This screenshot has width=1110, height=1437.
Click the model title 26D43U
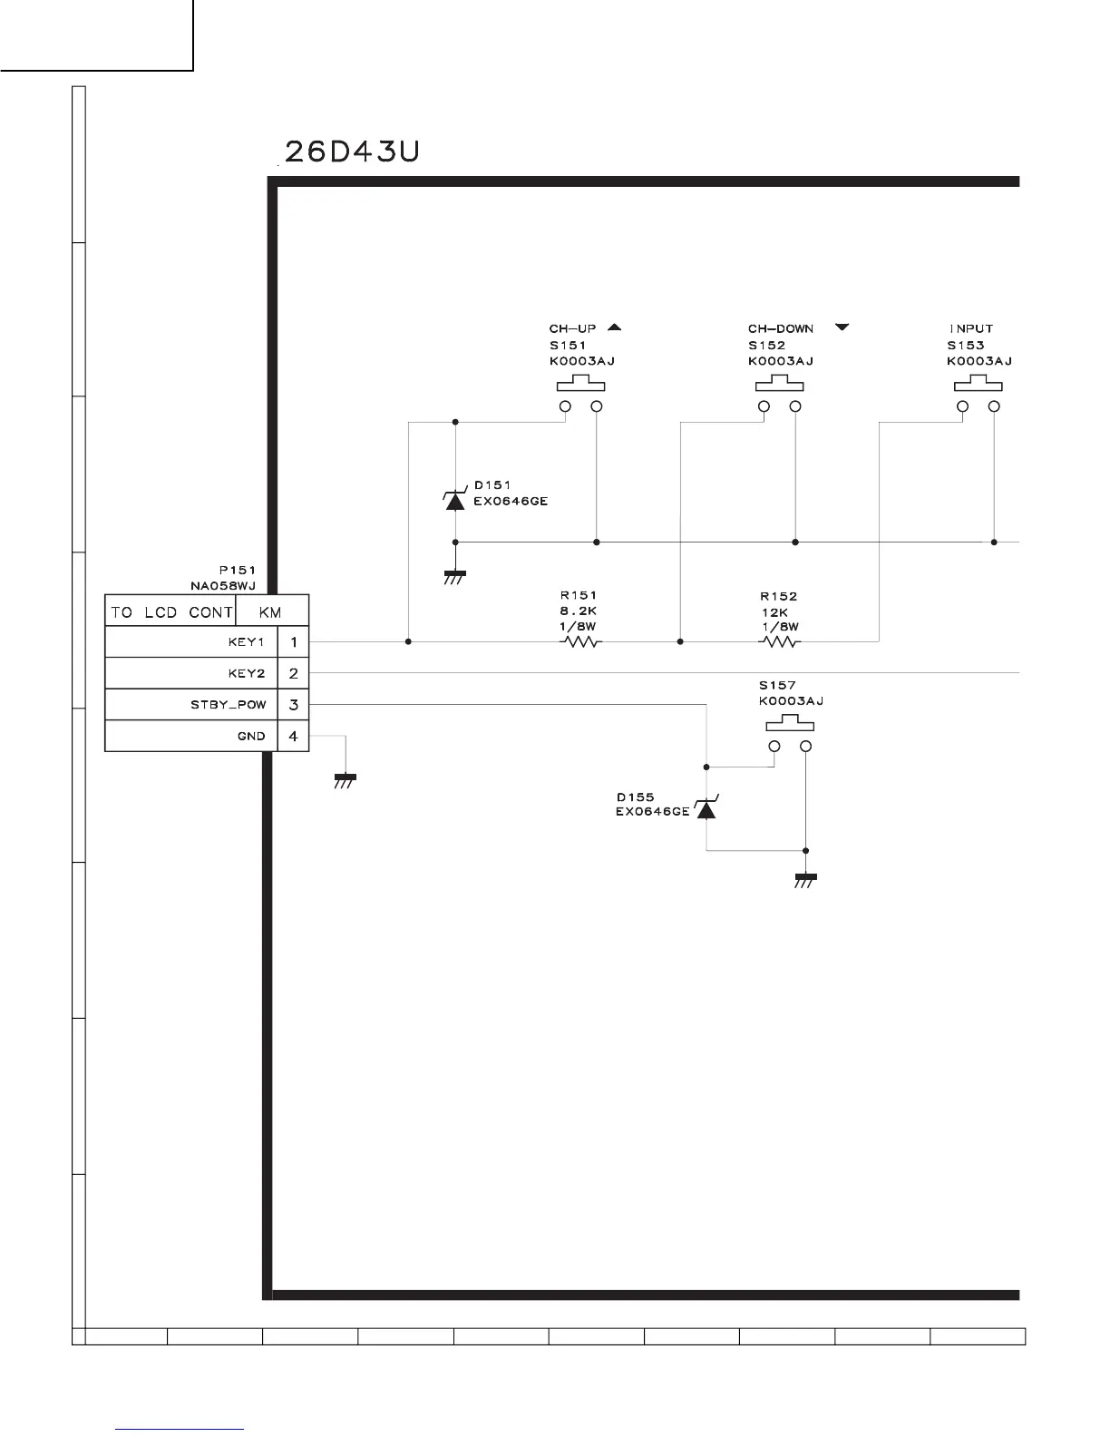coord(352,151)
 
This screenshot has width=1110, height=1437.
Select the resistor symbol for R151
coord(581,641)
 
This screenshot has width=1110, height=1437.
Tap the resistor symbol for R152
coord(780,641)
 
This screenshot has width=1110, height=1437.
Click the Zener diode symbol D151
coord(455,500)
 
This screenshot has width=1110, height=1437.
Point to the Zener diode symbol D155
coord(706,807)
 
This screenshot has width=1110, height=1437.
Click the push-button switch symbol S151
coord(580,397)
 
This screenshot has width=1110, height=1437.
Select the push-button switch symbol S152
coord(780,397)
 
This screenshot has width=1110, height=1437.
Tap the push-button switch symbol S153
coord(979,397)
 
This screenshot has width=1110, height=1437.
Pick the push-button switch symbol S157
coord(790,737)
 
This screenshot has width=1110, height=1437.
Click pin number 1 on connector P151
coord(293,642)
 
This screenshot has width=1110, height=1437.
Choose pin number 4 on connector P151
coord(293,736)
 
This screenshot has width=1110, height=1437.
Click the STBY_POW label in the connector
coord(228,705)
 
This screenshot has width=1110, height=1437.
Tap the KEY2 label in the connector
coord(246,674)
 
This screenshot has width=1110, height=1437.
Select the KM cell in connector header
coord(270,612)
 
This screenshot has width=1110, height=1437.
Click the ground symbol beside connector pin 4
coord(345,779)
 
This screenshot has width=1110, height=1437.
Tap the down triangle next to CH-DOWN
coord(842,327)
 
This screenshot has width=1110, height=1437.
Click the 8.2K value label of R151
coord(578,611)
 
